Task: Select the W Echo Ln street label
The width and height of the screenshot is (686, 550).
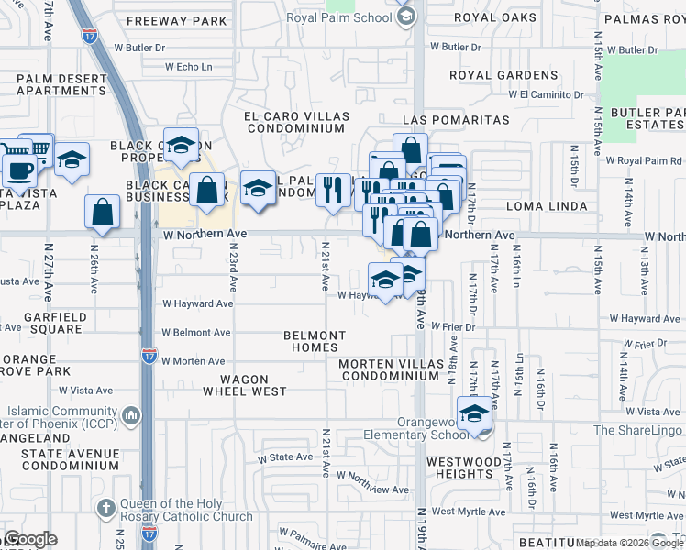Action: tap(188, 67)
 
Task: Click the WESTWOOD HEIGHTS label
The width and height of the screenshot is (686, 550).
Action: tap(464, 467)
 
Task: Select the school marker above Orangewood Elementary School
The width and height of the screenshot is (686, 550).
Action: tap(474, 414)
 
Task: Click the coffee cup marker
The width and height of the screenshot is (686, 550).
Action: tap(19, 170)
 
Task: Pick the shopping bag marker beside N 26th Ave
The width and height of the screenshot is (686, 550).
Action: tap(103, 211)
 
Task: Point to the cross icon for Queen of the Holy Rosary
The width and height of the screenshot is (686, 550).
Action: tap(106, 508)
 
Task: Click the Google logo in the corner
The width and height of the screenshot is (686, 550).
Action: tap(29, 539)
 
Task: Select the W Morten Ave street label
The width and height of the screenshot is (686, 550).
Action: tap(194, 361)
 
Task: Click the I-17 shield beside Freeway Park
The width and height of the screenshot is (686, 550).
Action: tap(90, 37)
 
